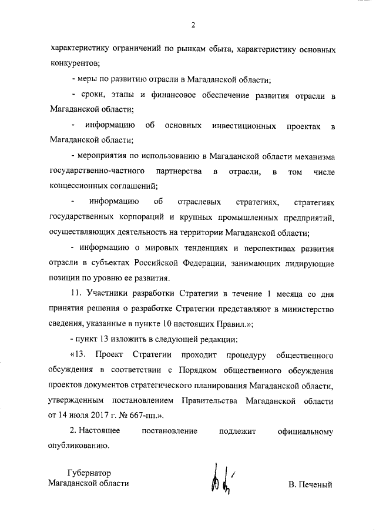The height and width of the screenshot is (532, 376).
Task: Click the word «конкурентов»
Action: pos(75,62)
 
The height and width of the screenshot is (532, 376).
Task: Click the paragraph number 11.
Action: pos(75,294)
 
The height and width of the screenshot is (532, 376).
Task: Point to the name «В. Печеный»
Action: pos(311,486)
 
